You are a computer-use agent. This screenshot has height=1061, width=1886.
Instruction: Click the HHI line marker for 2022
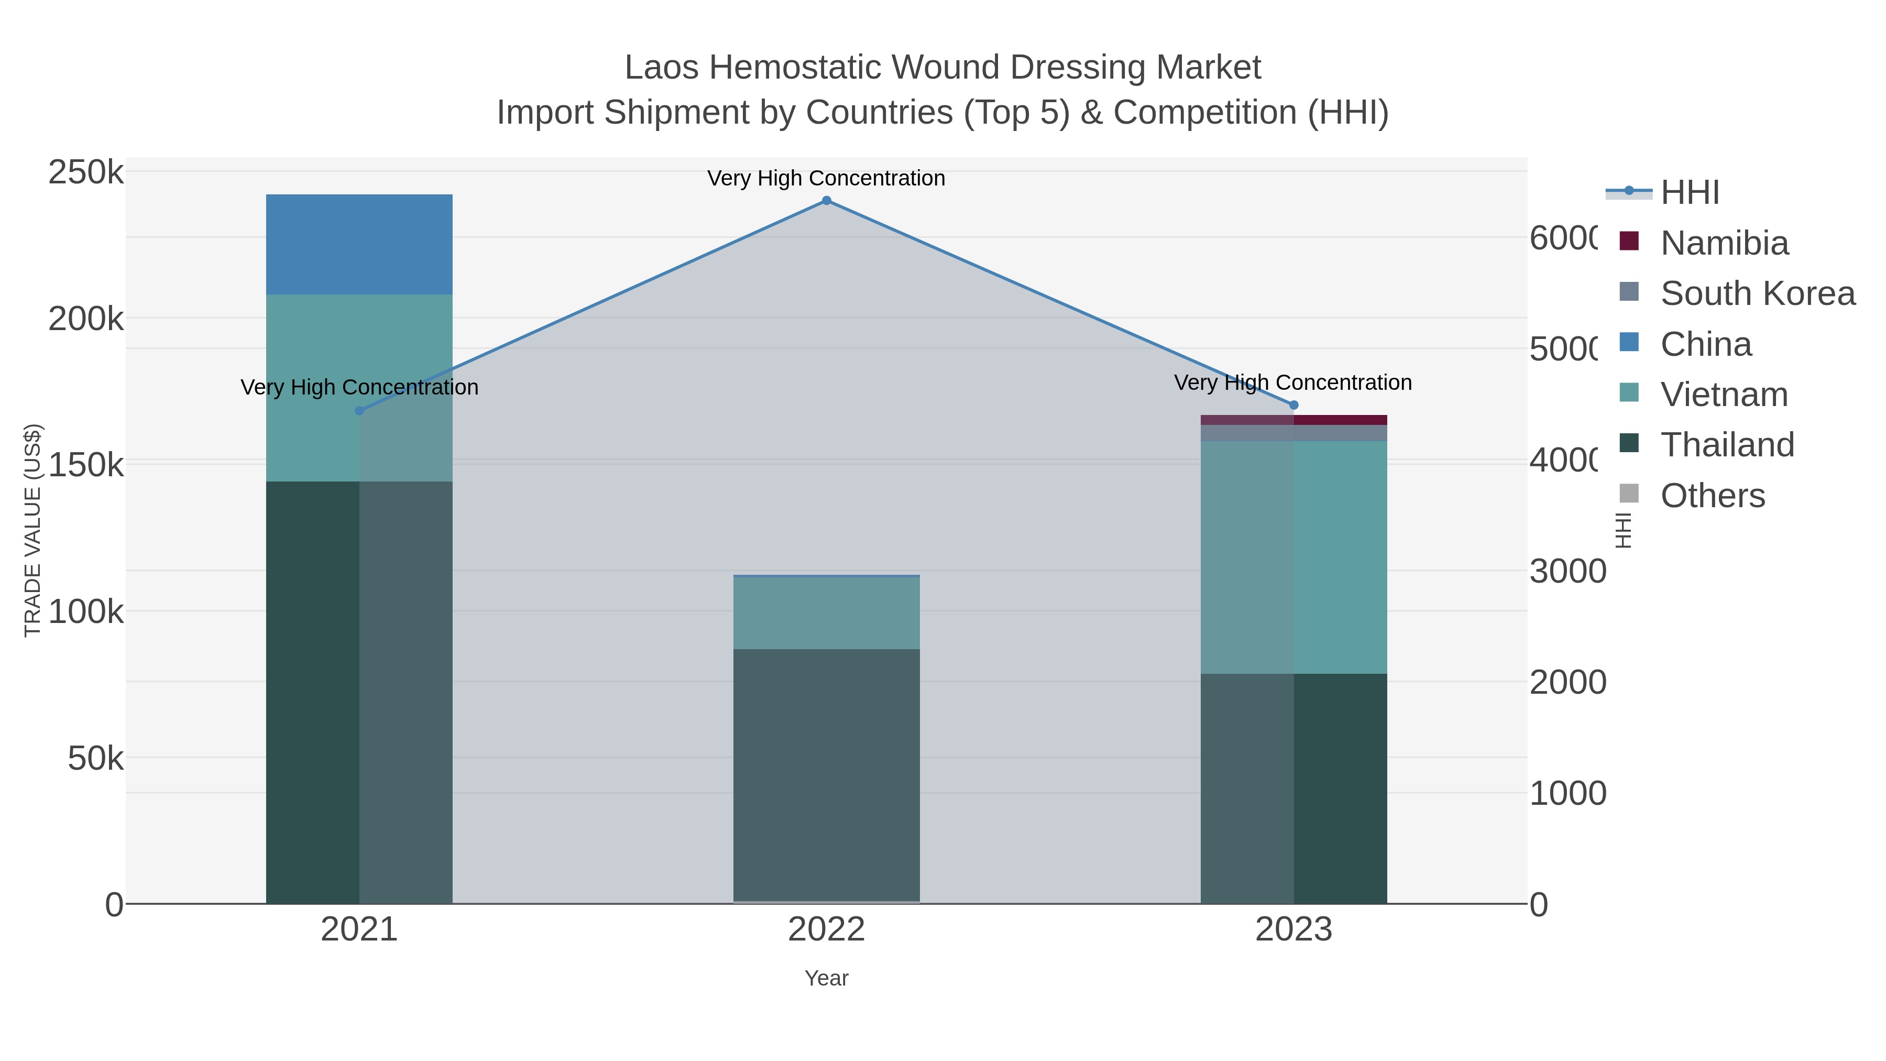[827, 201]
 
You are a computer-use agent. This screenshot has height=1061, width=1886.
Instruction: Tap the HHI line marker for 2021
[359, 411]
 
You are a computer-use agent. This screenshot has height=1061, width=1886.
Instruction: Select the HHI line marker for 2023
[1293, 405]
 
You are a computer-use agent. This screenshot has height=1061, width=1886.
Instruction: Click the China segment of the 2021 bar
[359, 245]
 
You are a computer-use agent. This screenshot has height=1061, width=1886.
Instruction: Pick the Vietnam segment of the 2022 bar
[827, 613]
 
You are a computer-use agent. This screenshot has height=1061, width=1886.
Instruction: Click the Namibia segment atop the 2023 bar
[1293, 420]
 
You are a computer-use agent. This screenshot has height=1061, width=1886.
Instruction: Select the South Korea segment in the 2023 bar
[1293, 433]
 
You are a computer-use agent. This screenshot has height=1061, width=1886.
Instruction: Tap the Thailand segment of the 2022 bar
[827, 775]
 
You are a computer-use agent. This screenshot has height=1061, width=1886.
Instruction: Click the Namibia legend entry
[1724, 243]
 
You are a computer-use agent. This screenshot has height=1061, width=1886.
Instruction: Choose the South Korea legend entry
[1757, 293]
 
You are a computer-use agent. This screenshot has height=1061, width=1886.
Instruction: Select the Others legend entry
[1712, 496]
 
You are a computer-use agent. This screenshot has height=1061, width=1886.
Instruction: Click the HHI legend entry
[1689, 193]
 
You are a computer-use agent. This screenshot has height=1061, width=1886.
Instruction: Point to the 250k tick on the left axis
[86, 173]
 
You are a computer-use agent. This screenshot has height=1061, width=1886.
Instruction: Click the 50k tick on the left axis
[95, 759]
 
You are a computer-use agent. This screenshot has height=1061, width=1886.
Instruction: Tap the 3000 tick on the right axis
[1567, 571]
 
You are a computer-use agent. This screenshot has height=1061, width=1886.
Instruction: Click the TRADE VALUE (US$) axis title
[33, 530]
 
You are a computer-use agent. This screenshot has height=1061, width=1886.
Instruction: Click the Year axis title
[827, 978]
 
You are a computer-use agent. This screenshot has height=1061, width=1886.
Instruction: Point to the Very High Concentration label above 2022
[827, 178]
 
